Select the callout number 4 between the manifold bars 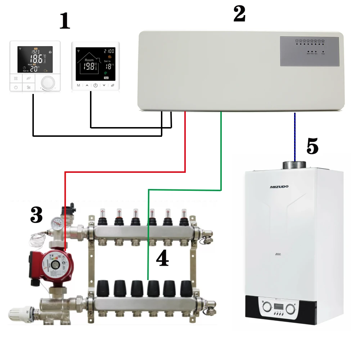pos(162,258)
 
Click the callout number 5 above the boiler pos(312,146)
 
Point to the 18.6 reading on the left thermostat pos(37,58)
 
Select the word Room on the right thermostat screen pos(89,60)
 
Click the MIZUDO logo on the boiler pos(279,186)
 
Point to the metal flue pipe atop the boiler pos(294,165)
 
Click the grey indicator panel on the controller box pos(310,51)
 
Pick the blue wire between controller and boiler pos(295,137)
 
